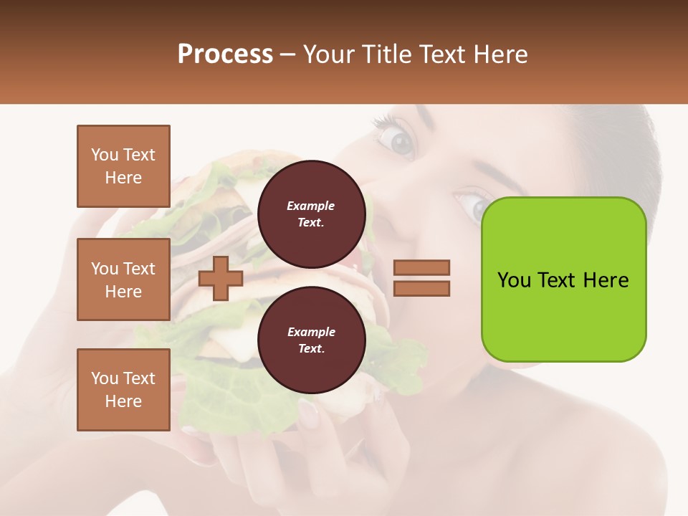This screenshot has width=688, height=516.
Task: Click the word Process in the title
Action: click(x=225, y=54)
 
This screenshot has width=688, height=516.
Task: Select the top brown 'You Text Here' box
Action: click(x=123, y=166)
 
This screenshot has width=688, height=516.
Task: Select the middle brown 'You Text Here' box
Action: click(x=123, y=279)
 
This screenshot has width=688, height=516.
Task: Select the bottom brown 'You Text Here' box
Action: click(x=123, y=389)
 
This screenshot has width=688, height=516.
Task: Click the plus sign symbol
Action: click(x=220, y=278)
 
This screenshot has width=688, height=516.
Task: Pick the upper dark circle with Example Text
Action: click(x=311, y=214)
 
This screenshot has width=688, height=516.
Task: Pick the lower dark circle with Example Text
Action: click(x=311, y=340)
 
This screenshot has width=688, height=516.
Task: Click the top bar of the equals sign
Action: click(x=421, y=267)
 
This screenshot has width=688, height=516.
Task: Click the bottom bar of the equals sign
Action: click(x=421, y=288)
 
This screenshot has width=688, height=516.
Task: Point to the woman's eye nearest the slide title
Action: click(x=399, y=140)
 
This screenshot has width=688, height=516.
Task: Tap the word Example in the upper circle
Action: click(x=311, y=206)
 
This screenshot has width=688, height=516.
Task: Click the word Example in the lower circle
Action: click(x=311, y=332)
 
